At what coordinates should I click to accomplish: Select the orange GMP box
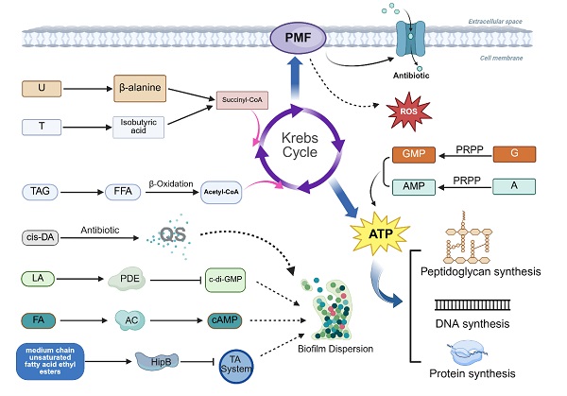pos(399,154)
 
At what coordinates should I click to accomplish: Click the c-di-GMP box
pos(232,280)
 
